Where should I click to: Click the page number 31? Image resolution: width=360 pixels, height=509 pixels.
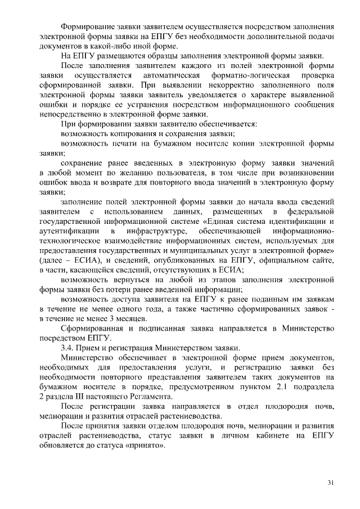pos(331,482)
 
